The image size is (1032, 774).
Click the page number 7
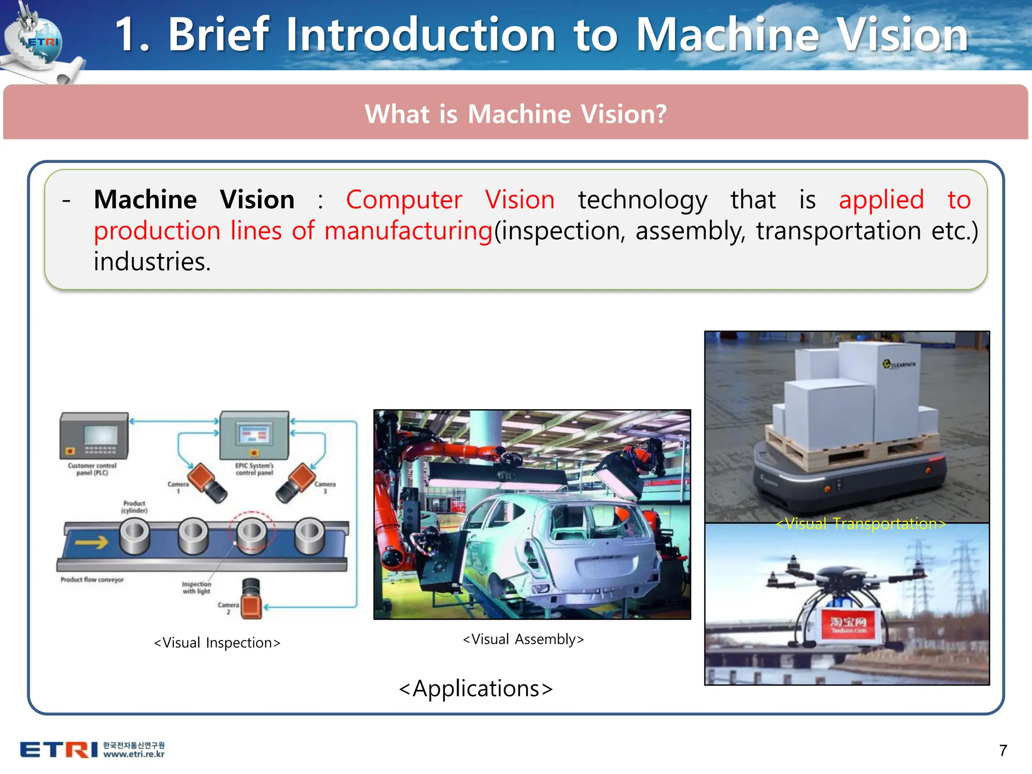tap(1003, 750)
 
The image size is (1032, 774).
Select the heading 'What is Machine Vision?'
tap(515, 114)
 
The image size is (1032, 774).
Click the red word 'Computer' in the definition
tap(404, 200)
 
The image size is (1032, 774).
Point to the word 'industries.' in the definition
tap(152, 262)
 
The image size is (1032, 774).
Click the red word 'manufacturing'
tap(408, 231)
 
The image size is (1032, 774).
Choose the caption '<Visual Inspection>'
tap(217, 643)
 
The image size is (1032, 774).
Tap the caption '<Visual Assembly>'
tap(524, 639)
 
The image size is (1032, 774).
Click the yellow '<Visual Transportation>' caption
tap(861, 524)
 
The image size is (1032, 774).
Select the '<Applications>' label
tap(476, 689)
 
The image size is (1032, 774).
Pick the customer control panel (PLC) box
tap(94, 435)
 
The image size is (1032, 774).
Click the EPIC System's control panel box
tap(254, 435)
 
